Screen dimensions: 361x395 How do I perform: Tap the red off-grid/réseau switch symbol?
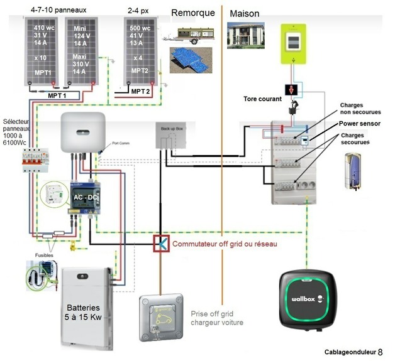(161, 243)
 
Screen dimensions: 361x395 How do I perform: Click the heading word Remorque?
(192, 13)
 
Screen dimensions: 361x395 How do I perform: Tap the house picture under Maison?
(245, 38)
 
